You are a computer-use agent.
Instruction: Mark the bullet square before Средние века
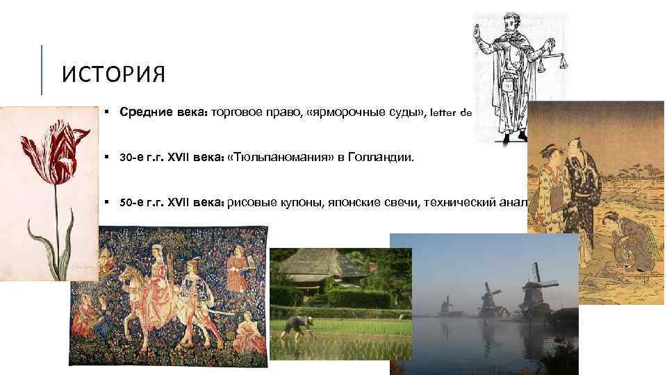tap(107, 111)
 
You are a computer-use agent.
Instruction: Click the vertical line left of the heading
tap(42, 70)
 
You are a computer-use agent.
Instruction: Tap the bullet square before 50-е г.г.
tap(107, 203)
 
